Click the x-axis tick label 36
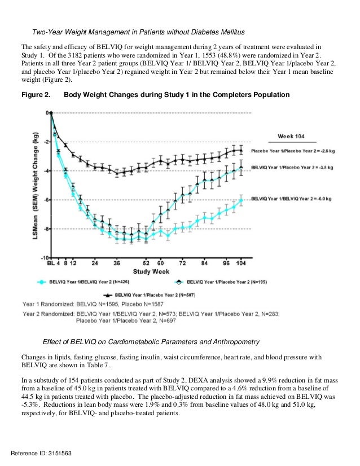point(117,263)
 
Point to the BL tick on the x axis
point(51,263)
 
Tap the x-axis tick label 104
point(242,263)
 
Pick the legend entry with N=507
point(150,294)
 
